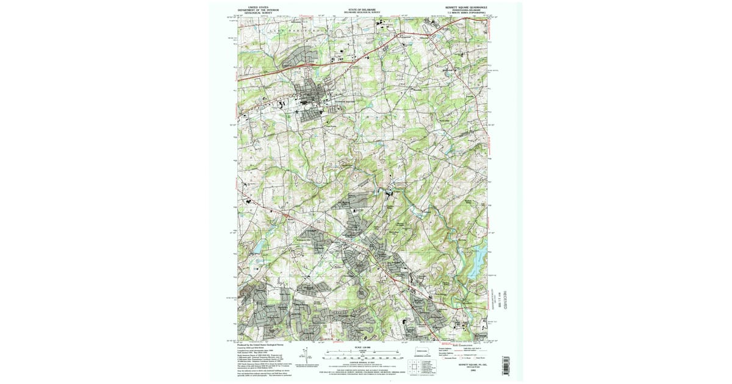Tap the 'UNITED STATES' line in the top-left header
click(254, 7)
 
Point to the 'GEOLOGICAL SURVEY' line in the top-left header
click(254, 14)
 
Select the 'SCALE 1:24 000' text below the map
click(362, 347)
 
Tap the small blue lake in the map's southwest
click(258, 246)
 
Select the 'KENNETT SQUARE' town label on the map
click(343, 101)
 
